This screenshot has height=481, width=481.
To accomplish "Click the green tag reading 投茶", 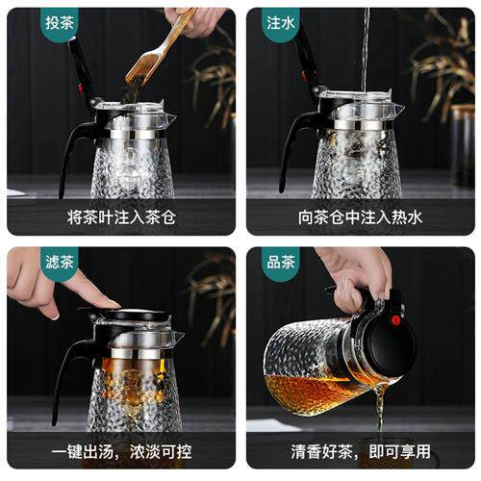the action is pos(60,24).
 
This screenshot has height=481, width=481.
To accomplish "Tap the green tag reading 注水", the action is pos(281,24).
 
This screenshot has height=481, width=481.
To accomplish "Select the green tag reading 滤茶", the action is pos(60,263).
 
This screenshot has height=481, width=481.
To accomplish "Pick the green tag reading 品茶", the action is pos(281,263).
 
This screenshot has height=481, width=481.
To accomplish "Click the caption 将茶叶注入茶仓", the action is pos(121,217).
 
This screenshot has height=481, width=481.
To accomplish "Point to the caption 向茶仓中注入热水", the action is pos(361,217).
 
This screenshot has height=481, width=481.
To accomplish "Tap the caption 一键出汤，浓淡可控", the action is pos(121,451).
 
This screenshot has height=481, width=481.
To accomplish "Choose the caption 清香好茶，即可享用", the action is pos(361,451).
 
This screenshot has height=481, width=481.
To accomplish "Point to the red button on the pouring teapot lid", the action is pos(396,319).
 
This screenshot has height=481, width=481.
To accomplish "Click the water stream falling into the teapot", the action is pos(366,48).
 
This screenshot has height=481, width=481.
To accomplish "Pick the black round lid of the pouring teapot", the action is pos(390,344).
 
